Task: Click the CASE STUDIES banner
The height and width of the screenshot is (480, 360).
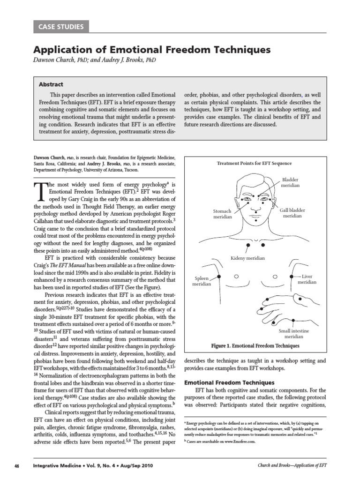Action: pos(60,27)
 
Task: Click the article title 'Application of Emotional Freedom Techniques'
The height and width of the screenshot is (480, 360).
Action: pos(152,49)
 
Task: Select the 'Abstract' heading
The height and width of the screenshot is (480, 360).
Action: pos(51,84)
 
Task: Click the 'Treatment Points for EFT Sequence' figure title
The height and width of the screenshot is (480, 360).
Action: pos(254,163)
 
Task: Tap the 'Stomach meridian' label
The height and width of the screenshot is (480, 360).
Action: pos(223,214)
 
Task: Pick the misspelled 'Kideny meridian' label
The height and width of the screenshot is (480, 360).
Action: pos(247,258)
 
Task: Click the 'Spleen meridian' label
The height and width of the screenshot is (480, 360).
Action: pos(202,281)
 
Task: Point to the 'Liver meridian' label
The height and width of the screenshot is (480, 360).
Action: pos(307,279)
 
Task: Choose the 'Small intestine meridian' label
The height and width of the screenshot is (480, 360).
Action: pos(294,333)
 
